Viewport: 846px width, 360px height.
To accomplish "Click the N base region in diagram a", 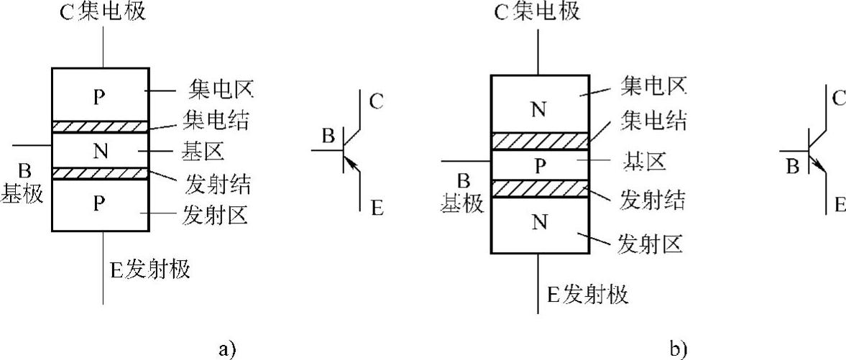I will click(101, 151).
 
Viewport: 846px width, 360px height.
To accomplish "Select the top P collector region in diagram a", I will click(101, 96).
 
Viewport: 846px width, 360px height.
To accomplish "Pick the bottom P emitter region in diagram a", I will click(101, 205).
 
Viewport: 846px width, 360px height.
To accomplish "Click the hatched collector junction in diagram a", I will click(101, 126).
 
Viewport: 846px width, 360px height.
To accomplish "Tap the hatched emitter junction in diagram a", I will click(101, 173).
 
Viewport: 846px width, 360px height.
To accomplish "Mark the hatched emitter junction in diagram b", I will click(540, 188).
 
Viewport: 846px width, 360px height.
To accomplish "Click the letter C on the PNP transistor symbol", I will click(375, 101).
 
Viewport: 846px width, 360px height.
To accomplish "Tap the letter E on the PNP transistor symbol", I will click(377, 209).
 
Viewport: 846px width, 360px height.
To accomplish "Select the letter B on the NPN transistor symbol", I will click(792, 167).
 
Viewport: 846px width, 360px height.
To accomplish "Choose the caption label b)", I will click(679, 349).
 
